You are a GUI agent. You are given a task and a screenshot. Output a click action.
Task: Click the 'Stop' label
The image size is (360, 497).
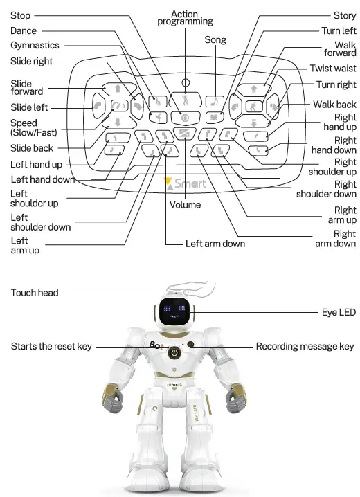tap(21, 15)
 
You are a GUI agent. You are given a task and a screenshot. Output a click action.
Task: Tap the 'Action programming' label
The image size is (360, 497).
tap(184, 18)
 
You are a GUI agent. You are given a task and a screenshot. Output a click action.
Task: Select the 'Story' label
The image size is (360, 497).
tap(345, 15)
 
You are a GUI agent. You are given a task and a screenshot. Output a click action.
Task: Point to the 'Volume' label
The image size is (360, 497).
tap(185, 204)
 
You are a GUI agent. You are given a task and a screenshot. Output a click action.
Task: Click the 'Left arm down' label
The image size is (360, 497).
tap(215, 244)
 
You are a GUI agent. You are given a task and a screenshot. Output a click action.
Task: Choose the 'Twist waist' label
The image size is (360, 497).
tap(333, 69)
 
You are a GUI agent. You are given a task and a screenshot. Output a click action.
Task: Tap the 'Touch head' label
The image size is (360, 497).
tap(35, 293)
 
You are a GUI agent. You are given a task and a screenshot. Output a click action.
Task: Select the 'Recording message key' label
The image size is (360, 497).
tap(305, 346)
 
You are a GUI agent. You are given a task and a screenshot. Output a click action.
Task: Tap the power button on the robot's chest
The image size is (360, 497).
tap(175, 353)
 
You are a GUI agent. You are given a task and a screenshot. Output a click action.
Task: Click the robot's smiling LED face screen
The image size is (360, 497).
tap(175, 312)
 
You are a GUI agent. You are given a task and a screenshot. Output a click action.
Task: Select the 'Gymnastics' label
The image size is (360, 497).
tap(35, 46)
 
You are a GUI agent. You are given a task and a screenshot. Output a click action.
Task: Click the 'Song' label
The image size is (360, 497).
tap(215, 40)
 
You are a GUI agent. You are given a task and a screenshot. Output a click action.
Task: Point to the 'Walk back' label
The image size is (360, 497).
tap(335, 105)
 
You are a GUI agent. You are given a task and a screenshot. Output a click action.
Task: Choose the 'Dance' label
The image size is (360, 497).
tap(24, 30)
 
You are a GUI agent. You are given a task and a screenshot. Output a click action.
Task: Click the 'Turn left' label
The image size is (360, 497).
tap(339, 30)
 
